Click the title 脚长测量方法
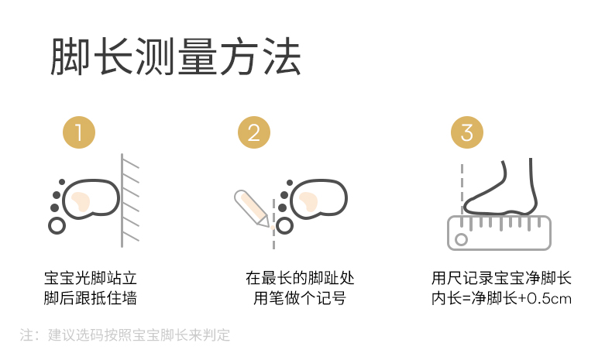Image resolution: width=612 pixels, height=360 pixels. [176, 57]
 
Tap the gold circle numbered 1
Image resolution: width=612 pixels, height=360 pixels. [79, 132]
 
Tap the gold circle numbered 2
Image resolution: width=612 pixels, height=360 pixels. [254, 132]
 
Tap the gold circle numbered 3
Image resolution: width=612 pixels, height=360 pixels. [467, 132]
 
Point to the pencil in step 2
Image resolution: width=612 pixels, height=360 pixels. [252, 208]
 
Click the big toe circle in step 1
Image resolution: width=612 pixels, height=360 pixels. [57, 226]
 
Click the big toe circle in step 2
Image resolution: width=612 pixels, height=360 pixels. [284, 226]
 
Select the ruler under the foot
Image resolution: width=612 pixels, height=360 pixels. [499, 233]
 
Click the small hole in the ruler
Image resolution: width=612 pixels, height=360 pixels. [462, 239]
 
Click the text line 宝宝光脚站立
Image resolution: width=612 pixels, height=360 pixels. [91, 279]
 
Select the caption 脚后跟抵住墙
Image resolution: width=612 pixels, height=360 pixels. [91, 298]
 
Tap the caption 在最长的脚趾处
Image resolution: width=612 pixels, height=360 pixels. [300, 279]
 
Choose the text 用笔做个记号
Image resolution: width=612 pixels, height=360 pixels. [300, 298]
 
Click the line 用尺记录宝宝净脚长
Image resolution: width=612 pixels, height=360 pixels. [501, 279]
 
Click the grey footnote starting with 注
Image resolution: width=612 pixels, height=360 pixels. [125, 335]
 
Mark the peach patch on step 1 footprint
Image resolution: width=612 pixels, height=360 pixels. [81, 201]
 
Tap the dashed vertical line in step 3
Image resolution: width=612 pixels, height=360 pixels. [462, 189]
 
